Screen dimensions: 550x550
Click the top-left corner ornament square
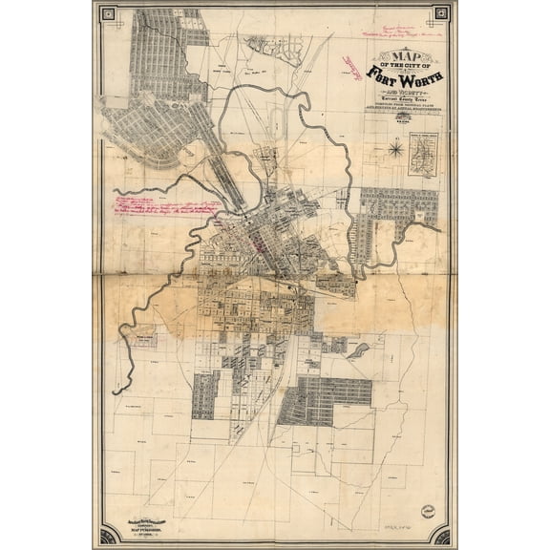pos(107,13)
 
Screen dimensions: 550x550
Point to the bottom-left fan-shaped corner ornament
pos(108,537)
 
